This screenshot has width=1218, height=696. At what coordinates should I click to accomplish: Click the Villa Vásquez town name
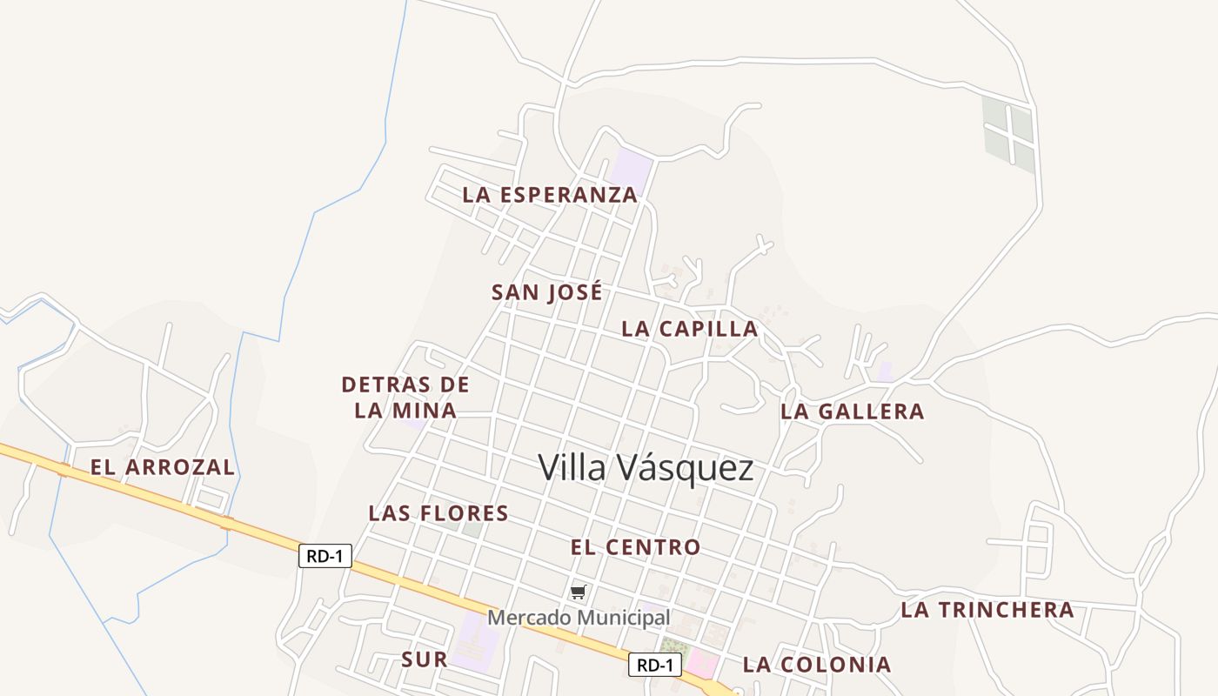coord(646,468)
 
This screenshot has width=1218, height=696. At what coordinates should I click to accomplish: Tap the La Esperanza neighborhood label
coord(550,195)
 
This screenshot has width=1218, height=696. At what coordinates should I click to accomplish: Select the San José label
coord(546,292)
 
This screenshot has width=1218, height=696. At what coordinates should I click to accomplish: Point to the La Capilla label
coord(690,329)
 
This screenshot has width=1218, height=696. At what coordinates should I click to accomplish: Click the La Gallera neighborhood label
coord(852,412)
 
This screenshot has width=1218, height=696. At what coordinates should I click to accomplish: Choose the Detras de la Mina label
coord(405,397)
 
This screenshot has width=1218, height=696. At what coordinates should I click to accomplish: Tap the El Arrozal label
coord(163,467)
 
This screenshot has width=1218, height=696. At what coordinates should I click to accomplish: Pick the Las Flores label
coord(438,513)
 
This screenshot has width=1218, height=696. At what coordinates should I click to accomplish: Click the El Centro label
coord(635,547)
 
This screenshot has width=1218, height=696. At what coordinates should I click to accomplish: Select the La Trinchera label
coord(987,610)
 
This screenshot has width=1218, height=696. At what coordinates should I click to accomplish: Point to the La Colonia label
coord(817,665)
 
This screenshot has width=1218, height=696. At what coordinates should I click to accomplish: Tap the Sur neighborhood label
coord(425,659)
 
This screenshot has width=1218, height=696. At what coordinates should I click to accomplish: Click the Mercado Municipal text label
coord(579,618)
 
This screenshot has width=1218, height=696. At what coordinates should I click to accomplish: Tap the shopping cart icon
coord(579,592)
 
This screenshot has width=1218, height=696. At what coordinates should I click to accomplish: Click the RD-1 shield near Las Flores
coord(325,556)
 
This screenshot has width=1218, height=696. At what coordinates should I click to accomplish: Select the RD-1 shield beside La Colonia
coord(655,666)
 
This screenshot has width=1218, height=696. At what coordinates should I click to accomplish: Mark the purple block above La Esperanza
coord(632,169)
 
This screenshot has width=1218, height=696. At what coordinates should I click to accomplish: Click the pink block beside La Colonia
coord(703,666)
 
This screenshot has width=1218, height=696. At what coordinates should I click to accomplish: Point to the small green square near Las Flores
coord(472,529)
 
